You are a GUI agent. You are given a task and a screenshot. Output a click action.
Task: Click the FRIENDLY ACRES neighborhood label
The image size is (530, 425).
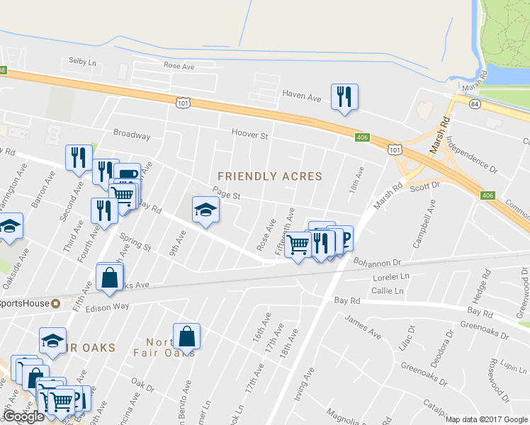click(x=269, y=176)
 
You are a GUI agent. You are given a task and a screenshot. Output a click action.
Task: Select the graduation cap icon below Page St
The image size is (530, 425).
click(x=205, y=210)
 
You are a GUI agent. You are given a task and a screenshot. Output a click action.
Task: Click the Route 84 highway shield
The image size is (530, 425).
click(x=473, y=103)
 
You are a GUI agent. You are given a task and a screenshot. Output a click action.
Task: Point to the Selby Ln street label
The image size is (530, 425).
click(x=82, y=62)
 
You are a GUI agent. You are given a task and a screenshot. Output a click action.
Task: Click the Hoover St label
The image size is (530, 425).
click(x=249, y=134)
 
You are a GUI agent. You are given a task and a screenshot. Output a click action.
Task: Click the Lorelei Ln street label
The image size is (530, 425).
click(x=391, y=277)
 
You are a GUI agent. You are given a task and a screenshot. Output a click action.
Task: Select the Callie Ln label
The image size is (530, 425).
click(x=388, y=290)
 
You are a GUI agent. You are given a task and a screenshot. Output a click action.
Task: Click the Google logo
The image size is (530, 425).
click(x=23, y=416)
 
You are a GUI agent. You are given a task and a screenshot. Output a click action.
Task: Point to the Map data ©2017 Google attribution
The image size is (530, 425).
click(x=487, y=419)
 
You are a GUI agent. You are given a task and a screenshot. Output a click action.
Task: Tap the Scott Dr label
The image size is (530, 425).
click(x=425, y=185)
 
